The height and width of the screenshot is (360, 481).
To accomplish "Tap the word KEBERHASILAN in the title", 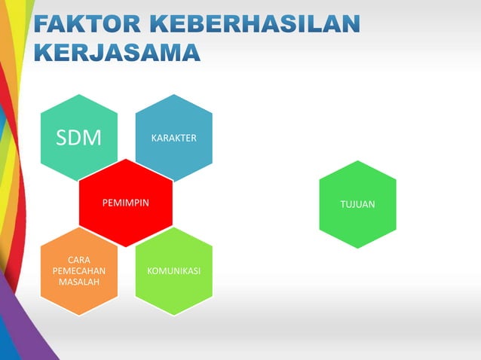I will point(252,25).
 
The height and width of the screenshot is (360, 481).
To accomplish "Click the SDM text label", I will point(79,139).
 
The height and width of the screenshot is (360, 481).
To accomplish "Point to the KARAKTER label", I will point(173,139).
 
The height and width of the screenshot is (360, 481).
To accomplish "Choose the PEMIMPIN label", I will point(126,204).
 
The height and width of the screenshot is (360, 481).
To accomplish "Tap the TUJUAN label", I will point(357,204).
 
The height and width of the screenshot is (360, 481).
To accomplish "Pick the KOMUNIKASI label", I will point(173,270).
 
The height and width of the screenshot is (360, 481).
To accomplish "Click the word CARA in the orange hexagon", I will point(79,260).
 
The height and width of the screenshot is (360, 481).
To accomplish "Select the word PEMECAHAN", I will point(79,270).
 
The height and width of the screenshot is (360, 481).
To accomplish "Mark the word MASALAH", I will point(79,281).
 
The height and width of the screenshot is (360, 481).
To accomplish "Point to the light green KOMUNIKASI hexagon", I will point(173,294).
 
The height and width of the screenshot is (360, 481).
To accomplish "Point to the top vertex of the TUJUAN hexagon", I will point(357,161).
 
